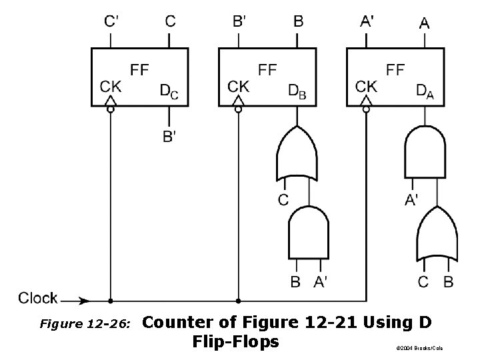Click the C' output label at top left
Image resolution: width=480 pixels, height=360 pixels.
pyautogui.click(x=112, y=21)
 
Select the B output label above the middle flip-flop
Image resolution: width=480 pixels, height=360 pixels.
pyautogui.click(x=299, y=21)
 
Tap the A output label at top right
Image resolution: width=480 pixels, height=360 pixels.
pyautogui.click(x=425, y=23)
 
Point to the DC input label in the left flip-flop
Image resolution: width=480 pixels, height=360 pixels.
pyautogui.click(x=169, y=91)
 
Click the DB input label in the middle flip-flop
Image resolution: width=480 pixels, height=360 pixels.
pyautogui.click(x=297, y=91)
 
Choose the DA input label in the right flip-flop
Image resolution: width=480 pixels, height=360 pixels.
pyautogui.click(x=424, y=91)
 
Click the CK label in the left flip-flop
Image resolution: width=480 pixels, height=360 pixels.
pyautogui.click(x=111, y=86)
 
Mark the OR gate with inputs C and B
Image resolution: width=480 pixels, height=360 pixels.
pyautogui.click(x=437, y=235)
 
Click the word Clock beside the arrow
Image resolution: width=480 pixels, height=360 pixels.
pyautogui.click(x=38, y=298)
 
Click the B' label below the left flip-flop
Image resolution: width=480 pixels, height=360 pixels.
pyautogui.click(x=170, y=137)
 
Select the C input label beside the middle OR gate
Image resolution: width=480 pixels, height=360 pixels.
pyautogui.click(x=283, y=199)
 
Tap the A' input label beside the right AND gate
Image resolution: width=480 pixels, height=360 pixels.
pyautogui.click(x=413, y=199)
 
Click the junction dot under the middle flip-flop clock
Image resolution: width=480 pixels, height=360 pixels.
pyautogui.click(x=238, y=301)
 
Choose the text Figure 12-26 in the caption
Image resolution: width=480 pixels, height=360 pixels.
pyautogui.click(x=85, y=325)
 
